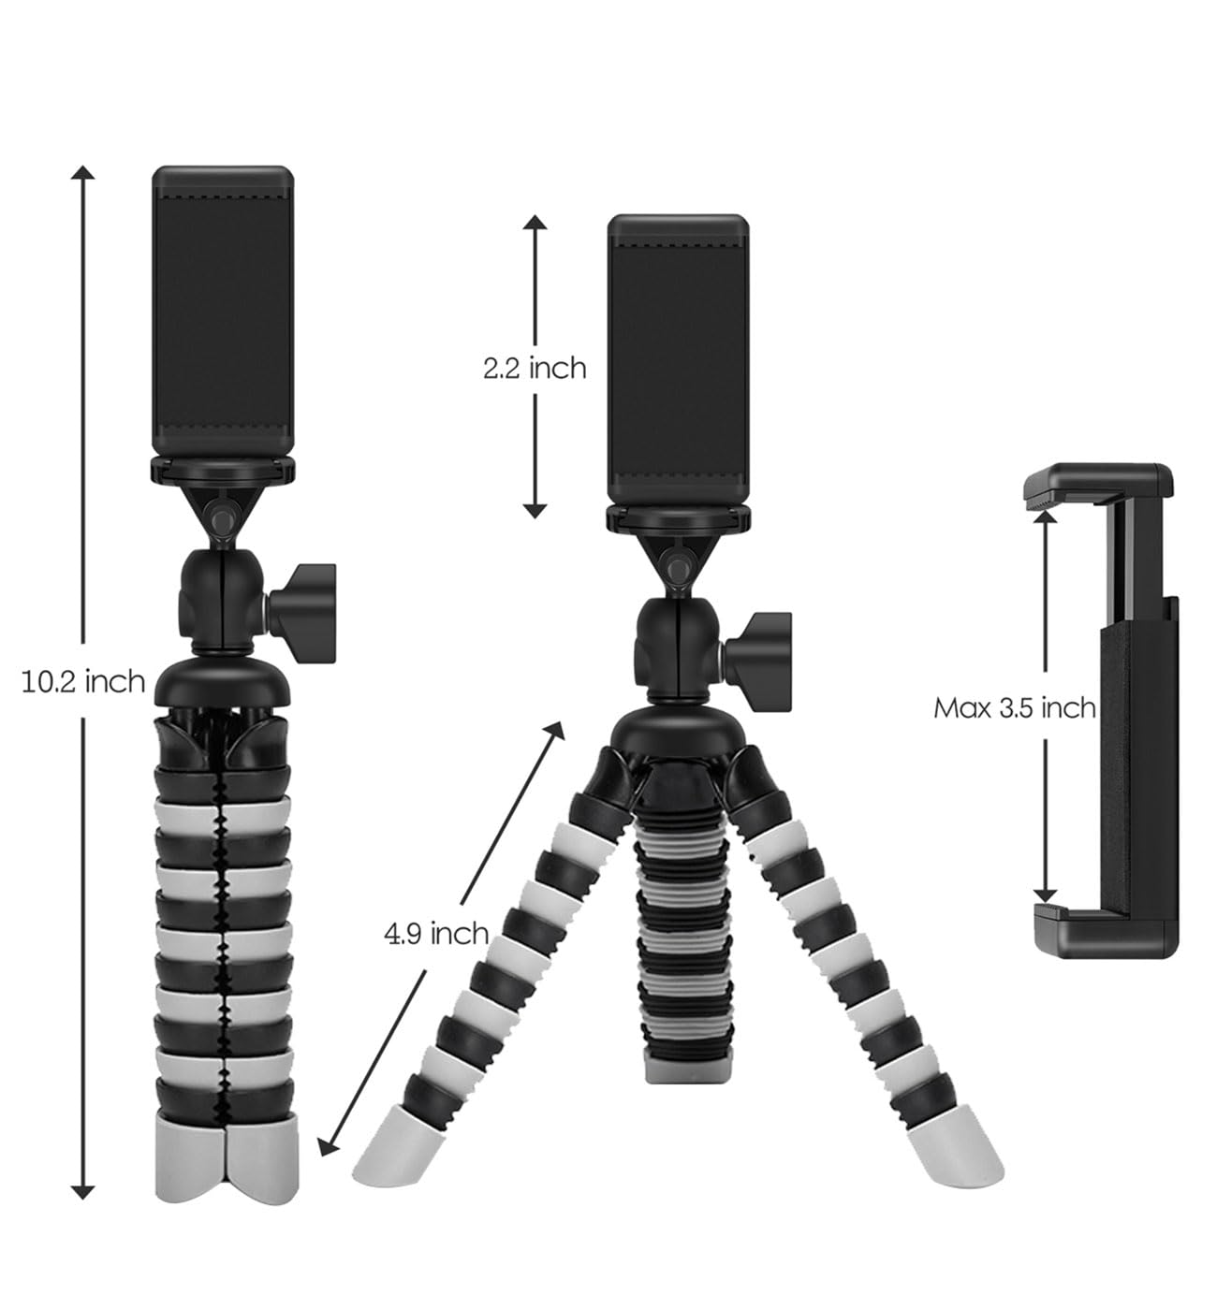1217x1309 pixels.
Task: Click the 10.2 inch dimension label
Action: coord(83,682)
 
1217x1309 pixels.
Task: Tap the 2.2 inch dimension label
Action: coord(535,369)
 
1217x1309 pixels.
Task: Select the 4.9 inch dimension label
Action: coord(436,934)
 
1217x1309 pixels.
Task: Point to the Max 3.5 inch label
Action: coord(1015,708)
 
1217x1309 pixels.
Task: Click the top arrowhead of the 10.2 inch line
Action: coord(83,173)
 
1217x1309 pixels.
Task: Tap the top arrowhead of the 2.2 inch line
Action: coord(535,222)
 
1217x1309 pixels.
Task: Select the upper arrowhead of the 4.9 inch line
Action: coord(555,731)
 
